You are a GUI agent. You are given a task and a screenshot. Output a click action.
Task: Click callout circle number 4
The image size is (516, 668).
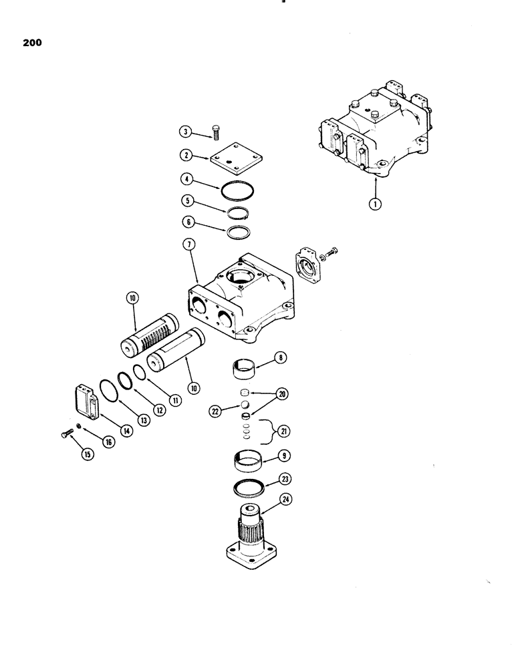tap(188, 180)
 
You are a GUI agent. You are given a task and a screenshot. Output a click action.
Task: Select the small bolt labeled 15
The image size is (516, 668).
tap(64, 435)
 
